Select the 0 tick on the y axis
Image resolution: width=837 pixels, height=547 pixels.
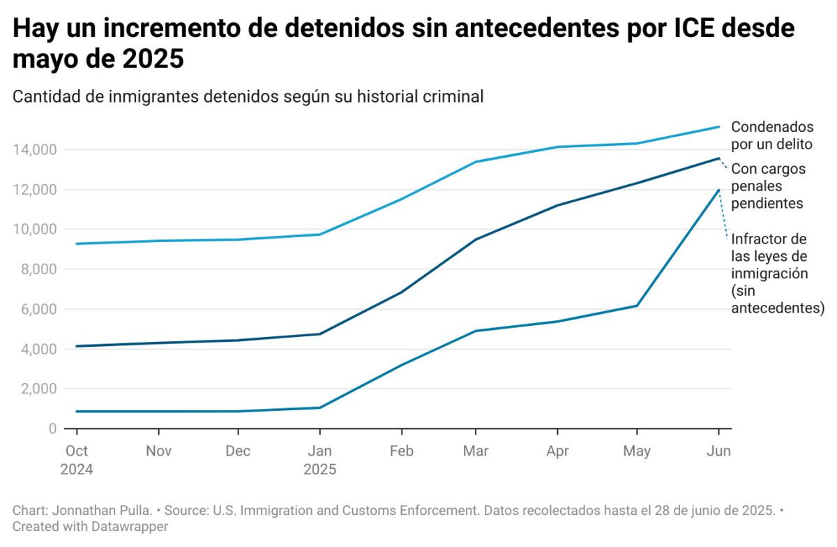point(52,428)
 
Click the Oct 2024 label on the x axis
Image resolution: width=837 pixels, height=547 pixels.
point(76,460)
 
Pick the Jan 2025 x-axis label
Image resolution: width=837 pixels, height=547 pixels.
point(319,460)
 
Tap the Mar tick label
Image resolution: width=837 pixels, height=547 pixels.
point(475,451)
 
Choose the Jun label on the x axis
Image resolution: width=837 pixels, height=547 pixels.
point(718,451)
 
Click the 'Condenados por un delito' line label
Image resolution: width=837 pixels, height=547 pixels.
point(771,136)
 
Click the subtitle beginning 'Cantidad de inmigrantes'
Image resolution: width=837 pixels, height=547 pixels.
point(248,97)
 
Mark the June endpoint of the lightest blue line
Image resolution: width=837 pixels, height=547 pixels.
point(718,127)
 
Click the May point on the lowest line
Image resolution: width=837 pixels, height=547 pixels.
point(637,306)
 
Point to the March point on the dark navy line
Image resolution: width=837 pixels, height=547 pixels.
point(475,239)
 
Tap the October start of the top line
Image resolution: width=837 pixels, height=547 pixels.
point(76,243)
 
